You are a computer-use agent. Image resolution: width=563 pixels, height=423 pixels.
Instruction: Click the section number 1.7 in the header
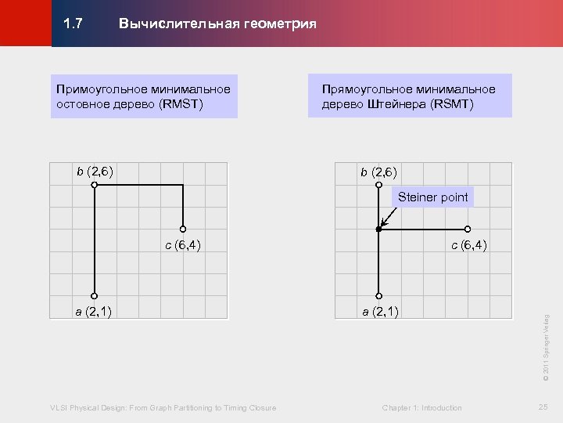(x=73, y=23)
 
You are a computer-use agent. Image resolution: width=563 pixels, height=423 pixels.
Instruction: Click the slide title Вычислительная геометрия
(x=217, y=23)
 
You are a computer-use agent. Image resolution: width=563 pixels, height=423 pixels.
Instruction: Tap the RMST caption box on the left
(x=144, y=96)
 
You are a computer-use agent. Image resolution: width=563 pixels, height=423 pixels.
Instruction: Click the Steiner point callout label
(x=432, y=197)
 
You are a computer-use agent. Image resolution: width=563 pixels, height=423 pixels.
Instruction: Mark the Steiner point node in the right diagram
(x=378, y=230)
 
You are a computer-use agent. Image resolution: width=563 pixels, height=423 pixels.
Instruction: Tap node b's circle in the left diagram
(x=94, y=185)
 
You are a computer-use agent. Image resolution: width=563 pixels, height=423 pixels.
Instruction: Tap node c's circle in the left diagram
(x=183, y=230)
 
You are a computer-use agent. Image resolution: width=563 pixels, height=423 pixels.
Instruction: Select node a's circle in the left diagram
(x=94, y=296)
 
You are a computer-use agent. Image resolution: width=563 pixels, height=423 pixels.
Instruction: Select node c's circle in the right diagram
(x=467, y=230)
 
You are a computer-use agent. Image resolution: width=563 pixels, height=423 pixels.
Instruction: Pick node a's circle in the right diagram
(x=378, y=296)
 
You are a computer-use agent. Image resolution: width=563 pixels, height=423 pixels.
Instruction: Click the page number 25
(x=543, y=407)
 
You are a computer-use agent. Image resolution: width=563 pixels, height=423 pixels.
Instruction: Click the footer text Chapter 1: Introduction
(x=421, y=407)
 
